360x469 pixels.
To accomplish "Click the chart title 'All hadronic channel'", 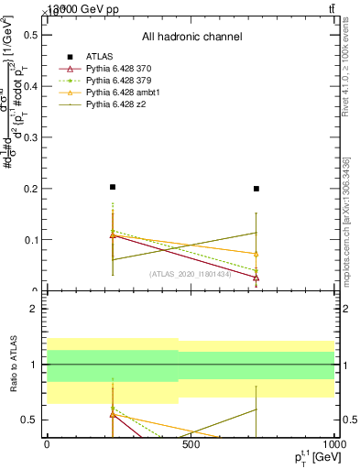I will pyautogui.click(x=191, y=37).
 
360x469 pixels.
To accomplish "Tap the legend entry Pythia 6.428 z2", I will pyautogui.click(x=119, y=104).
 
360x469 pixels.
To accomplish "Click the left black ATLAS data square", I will pyautogui.click(x=113, y=187).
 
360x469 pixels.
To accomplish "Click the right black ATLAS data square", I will pyautogui.click(x=256, y=189).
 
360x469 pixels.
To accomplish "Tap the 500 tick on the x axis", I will pyautogui.click(x=191, y=445).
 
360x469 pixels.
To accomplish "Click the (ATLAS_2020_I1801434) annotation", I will pyautogui.click(x=191, y=274).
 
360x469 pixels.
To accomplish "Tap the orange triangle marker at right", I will pyautogui.click(x=256, y=254).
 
